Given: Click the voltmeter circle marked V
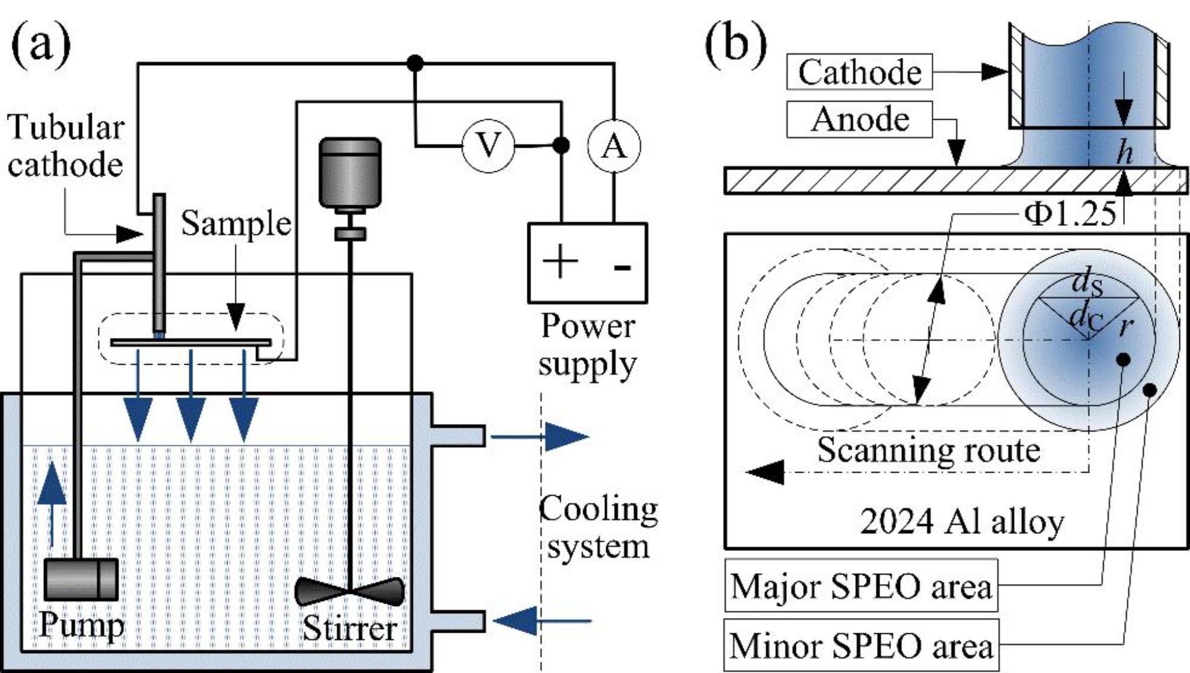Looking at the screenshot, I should [x=488, y=145].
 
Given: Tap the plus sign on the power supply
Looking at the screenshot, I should [x=560, y=261].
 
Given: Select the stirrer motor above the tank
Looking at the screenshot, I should [x=350, y=173].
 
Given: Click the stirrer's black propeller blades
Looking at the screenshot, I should [x=350, y=591].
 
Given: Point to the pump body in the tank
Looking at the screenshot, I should [x=81, y=579].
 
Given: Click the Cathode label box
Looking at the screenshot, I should [x=859, y=72].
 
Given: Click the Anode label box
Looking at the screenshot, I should [x=859, y=119].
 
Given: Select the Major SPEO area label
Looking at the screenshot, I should [x=860, y=586].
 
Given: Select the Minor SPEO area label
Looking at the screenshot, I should [x=860, y=645].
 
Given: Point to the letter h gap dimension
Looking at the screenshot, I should [x=1124, y=153].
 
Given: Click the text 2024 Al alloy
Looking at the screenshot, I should [x=962, y=522].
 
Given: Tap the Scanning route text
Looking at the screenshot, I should [x=929, y=449].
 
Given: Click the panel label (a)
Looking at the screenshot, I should [x=41, y=45].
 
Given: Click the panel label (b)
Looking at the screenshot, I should [x=735, y=45].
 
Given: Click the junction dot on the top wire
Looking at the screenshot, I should [x=415, y=62].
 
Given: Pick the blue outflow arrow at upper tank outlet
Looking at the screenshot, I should [x=566, y=437].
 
